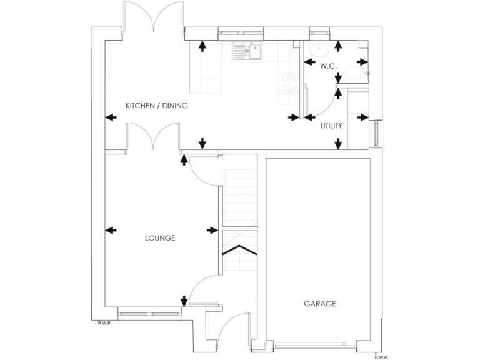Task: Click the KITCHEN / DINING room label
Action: coord(156,106)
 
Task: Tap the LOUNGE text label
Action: coord(160,238)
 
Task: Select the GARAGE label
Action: coord(320,304)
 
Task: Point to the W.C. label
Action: coord(328,66)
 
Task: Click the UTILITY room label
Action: coord(331,126)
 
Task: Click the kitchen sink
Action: coord(247,51)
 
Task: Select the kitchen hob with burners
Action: coord(289,83)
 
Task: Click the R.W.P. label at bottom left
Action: coord(103,323)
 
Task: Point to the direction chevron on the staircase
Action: coord(240,250)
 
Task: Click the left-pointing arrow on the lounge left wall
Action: coord(111,231)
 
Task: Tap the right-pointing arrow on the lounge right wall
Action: coord(212,231)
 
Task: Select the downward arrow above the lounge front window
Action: coord(184,301)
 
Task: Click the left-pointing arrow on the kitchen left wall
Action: coord(111,117)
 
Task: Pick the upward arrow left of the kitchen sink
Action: coord(202,46)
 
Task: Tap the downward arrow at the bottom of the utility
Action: coord(338,143)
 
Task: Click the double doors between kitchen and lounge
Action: coord(154,137)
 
